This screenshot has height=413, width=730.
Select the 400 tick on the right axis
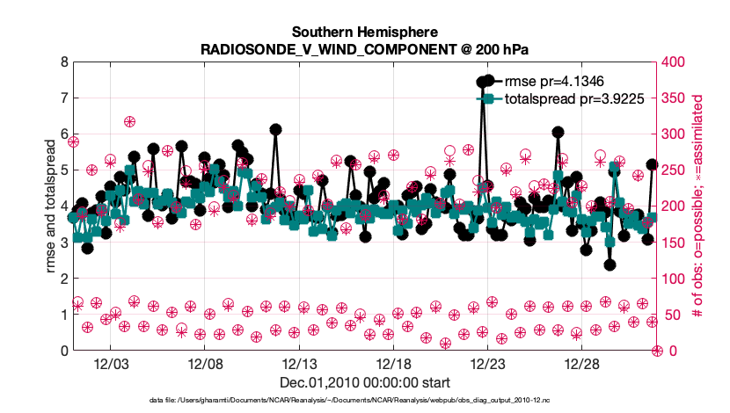point(675,62)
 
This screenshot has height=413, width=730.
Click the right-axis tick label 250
point(675,170)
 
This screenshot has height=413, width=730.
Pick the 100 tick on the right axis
point(675,279)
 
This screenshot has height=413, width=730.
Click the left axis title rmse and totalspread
point(50,206)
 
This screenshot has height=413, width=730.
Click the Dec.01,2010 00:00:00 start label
point(365,382)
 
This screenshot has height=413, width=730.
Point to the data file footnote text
point(365,401)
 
